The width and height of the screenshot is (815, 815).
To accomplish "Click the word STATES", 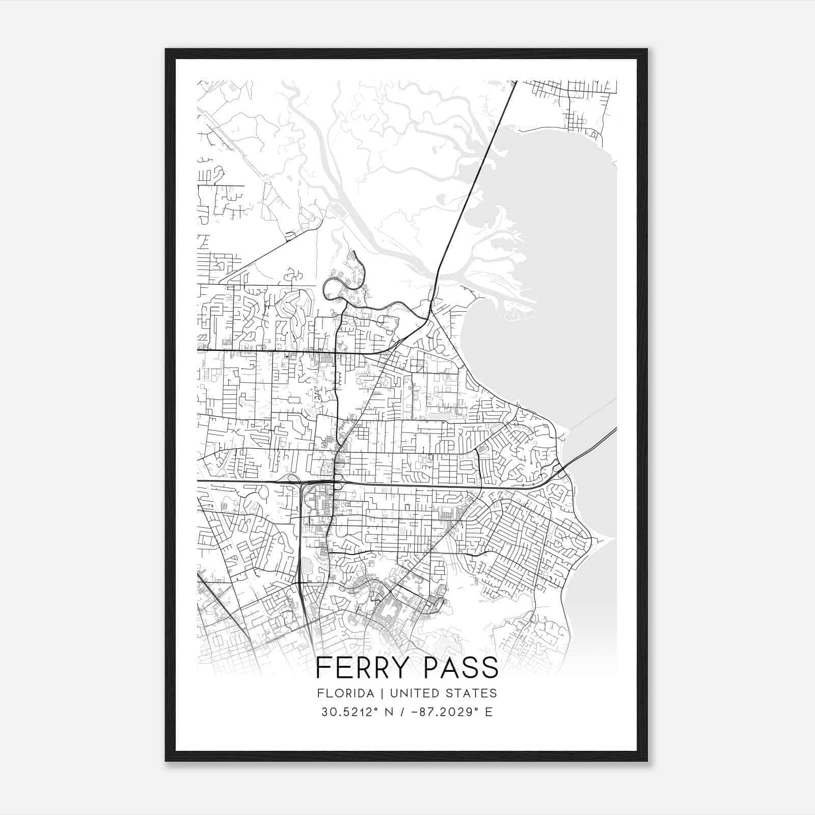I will pos(472,693).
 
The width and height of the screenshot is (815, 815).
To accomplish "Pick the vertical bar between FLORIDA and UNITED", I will pos(373,693).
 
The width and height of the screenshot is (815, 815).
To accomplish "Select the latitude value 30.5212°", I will pos(345,712).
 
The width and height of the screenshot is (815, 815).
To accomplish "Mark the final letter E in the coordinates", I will pos(489,712).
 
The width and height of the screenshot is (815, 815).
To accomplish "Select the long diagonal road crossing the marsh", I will pos(474,183).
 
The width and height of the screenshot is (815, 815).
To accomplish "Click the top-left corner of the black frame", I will pos(167,50).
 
